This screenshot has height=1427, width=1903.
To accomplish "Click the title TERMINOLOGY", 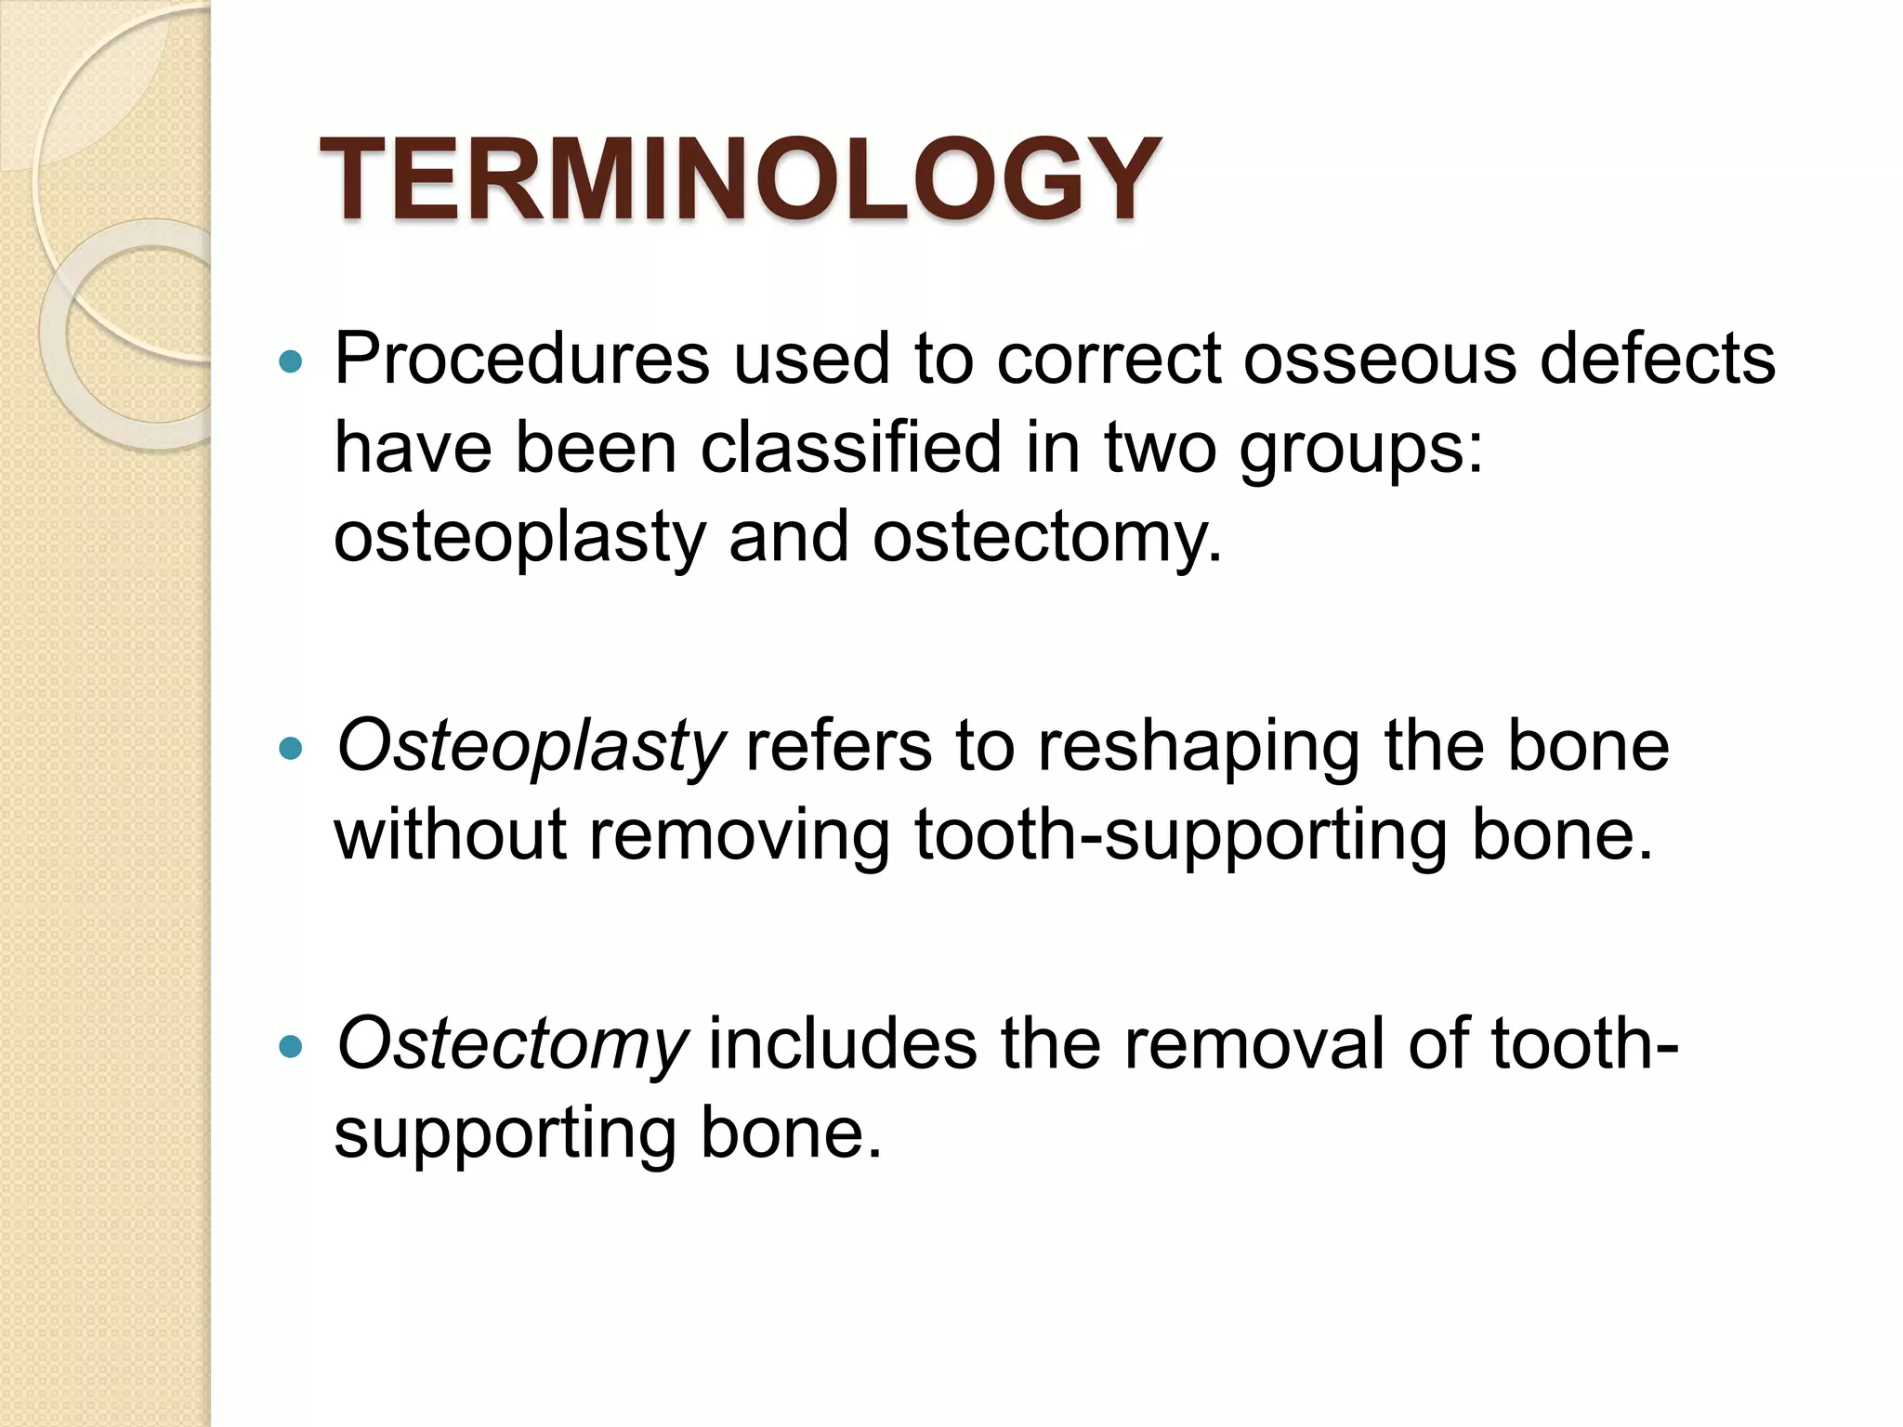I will [740, 179].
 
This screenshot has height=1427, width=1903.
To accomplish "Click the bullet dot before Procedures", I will [291, 362].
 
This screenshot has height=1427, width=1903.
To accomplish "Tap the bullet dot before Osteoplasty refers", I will [291, 748].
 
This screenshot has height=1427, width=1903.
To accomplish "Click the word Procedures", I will [521, 360].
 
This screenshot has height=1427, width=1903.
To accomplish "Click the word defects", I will [1658, 360].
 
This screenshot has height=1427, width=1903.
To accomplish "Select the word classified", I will [850, 449].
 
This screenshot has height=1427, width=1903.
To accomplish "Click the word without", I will [451, 835].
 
